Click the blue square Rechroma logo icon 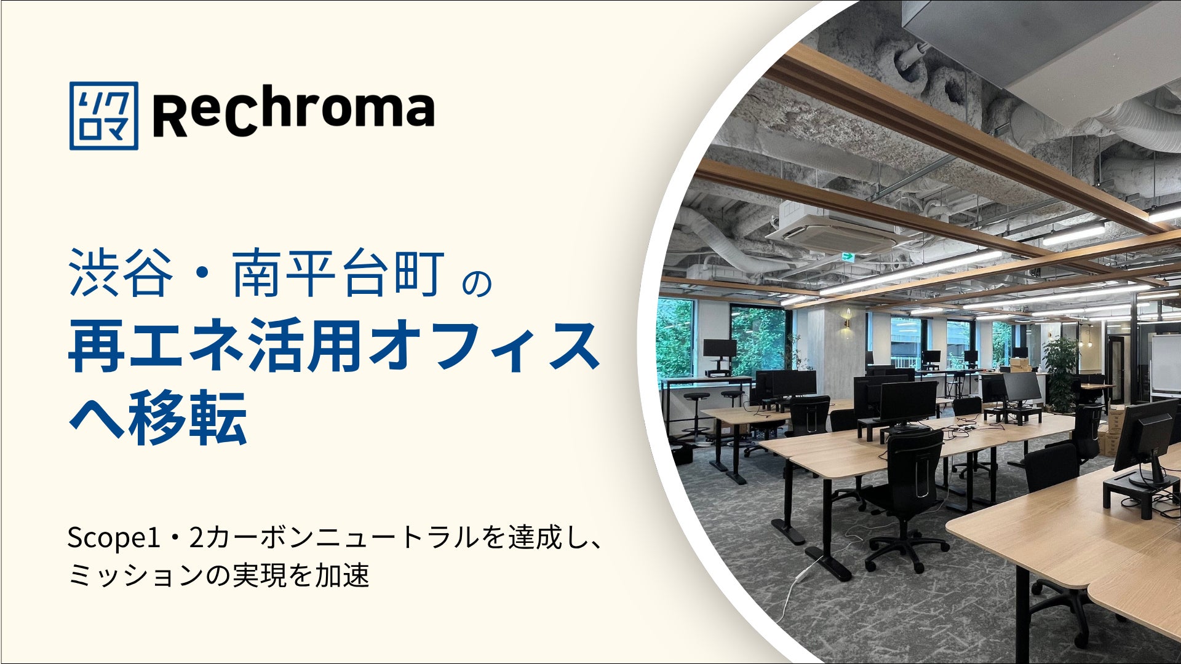point(104,116)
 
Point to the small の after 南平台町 point(477,282)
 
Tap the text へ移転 point(158,417)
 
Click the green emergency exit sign point(849,256)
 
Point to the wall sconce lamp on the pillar point(847,320)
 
